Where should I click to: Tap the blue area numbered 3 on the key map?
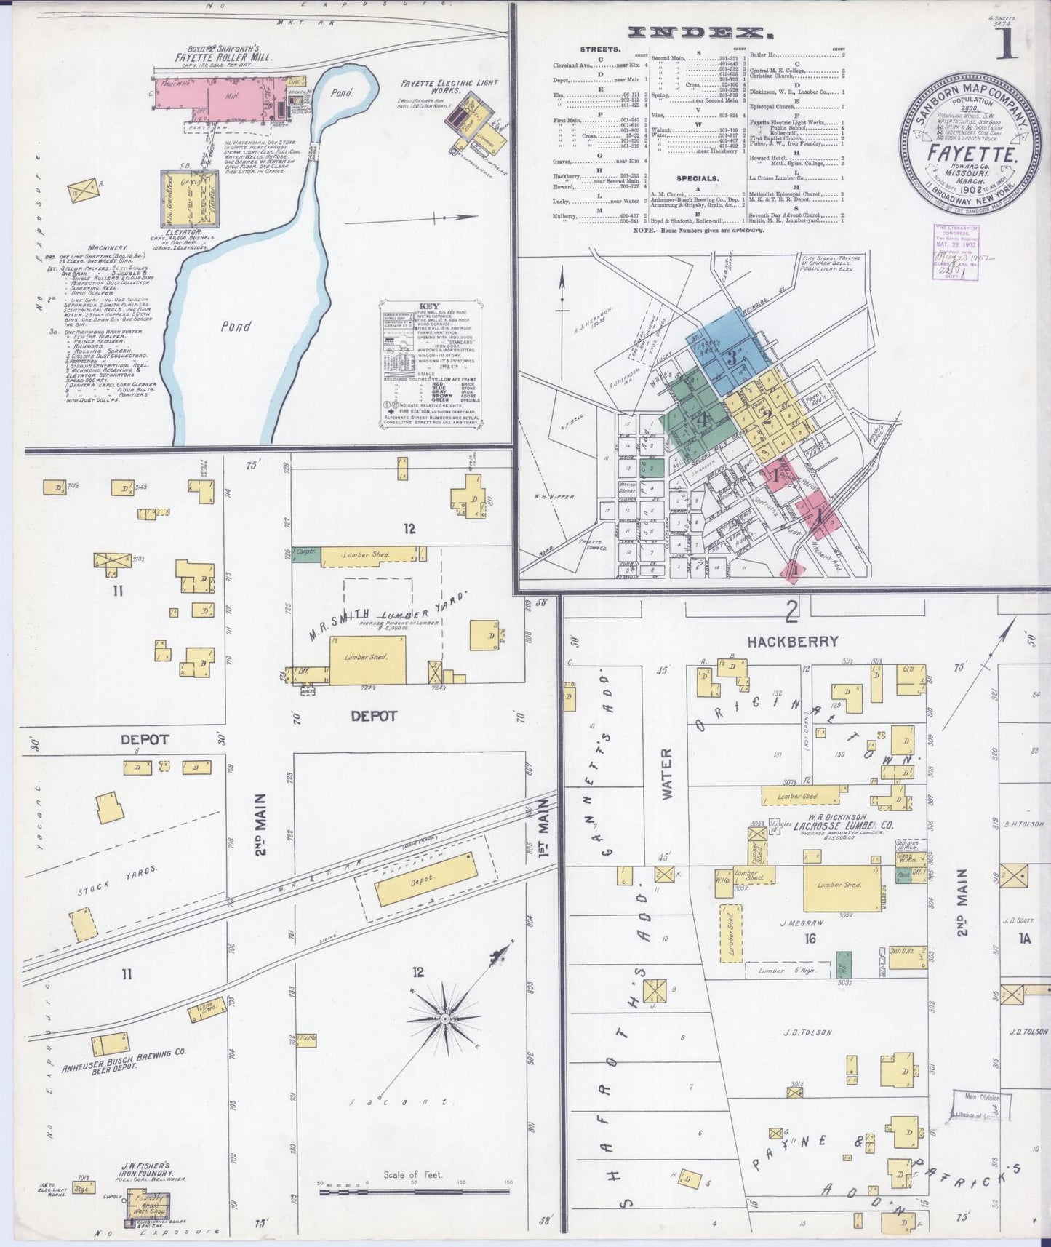(x=733, y=354)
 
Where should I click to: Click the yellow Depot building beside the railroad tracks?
(x=425, y=879)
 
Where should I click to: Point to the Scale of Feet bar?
(x=414, y=1191)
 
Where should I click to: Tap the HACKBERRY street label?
(x=793, y=642)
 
